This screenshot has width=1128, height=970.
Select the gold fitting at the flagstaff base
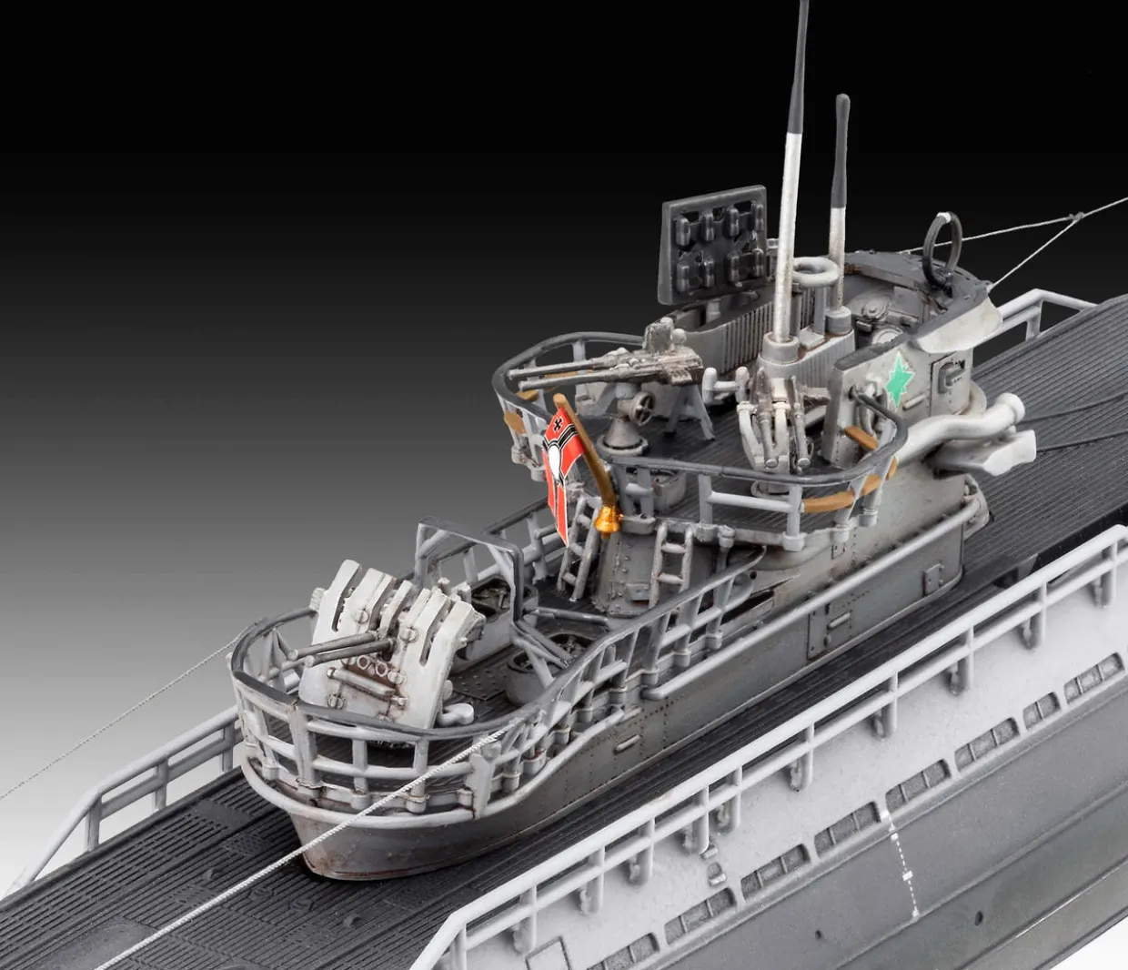click(x=607, y=520)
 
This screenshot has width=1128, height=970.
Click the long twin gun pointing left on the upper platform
click(x=582, y=364)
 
